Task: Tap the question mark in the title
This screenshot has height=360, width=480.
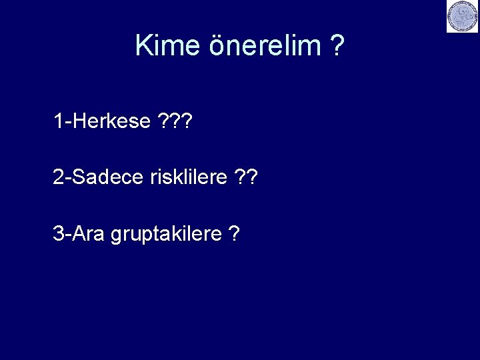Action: pyautogui.click(x=337, y=46)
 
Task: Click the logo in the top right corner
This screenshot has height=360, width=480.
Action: pyautogui.click(x=462, y=17)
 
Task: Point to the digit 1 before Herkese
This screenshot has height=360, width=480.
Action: pyautogui.click(x=59, y=121)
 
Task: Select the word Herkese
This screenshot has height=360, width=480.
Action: pyautogui.click(x=111, y=121)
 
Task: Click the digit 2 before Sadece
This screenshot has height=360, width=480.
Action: pyautogui.click(x=59, y=177)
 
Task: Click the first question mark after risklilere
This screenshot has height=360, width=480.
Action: pyautogui.click(x=240, y=177)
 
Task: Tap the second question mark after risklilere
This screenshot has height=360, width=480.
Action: pyautogui.click(x=252, y=177)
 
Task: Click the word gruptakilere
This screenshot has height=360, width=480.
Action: pyautogui.click(x=166, y=235)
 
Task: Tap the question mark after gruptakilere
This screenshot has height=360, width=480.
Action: pyautogui.click(x=234, y=234)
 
